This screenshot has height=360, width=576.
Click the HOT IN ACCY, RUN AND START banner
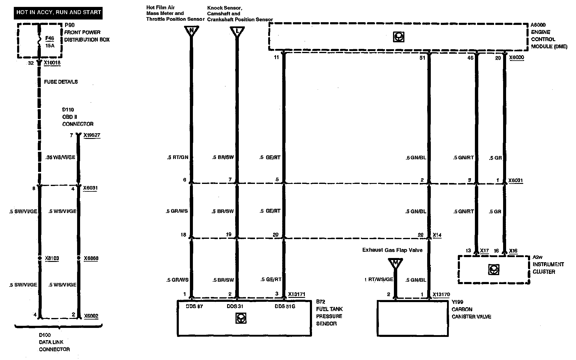tap(58, 13)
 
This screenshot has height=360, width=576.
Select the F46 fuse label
tap(49, 38)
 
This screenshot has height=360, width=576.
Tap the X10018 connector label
tap(52, 63)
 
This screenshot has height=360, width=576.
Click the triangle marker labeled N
tap(191, 31)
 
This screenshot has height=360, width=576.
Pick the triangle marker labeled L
tap(237, 31)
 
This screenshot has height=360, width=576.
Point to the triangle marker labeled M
tap(395, 263)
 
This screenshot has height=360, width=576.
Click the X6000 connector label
tap(517, 58)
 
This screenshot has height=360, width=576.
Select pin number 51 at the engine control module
tap(422, 58)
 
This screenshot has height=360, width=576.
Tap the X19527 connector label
tap(92, 135)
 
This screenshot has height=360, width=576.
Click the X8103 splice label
tap(52, 258)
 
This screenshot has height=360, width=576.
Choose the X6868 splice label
tap(91, 258)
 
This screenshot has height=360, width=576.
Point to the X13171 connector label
tap(296, 294)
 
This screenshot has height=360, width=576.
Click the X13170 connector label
tap(441, 294)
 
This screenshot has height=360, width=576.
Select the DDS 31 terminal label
tap(235, 306)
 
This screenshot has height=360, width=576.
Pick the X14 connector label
tap(437, 235)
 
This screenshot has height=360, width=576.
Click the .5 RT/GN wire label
tap(178, 157)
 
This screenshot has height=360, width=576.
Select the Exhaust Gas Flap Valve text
tap(392, 250)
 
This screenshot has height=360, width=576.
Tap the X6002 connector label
tap(91, 316)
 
